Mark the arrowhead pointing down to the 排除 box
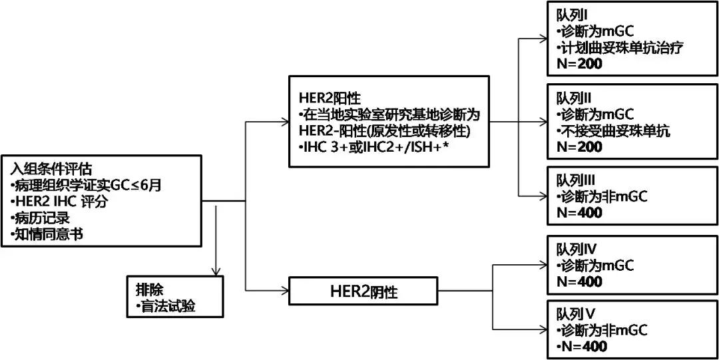click(x=216, y=271)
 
